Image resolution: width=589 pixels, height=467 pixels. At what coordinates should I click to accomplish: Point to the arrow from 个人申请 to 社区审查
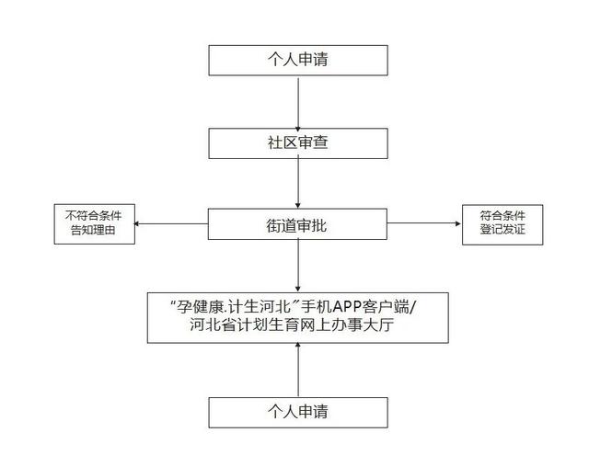tap(298, 104)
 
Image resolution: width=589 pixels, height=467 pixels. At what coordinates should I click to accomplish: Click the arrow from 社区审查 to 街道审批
tap(298, 182)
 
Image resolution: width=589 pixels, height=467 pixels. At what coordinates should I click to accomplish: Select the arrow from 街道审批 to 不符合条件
tap(171, 224)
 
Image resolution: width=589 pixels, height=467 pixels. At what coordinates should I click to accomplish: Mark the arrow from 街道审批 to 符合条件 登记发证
tap(423, 223)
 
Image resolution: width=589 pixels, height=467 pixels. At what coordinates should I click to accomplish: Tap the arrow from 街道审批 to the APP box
tap(298, 265)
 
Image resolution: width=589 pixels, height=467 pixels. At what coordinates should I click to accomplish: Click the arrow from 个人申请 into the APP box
tap(298, 370)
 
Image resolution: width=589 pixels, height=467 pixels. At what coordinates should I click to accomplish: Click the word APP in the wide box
tap(348, 307)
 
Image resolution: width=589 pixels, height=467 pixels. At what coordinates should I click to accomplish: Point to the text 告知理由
tap(93, 230)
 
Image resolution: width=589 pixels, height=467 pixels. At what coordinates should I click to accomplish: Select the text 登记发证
tap(502, 229)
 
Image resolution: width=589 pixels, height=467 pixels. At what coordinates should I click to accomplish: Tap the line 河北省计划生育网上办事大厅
tap(292, 325)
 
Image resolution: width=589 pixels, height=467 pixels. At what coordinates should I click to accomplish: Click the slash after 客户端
tap(413, 308)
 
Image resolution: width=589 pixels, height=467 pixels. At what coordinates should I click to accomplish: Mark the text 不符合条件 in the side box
tap(93, 216)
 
